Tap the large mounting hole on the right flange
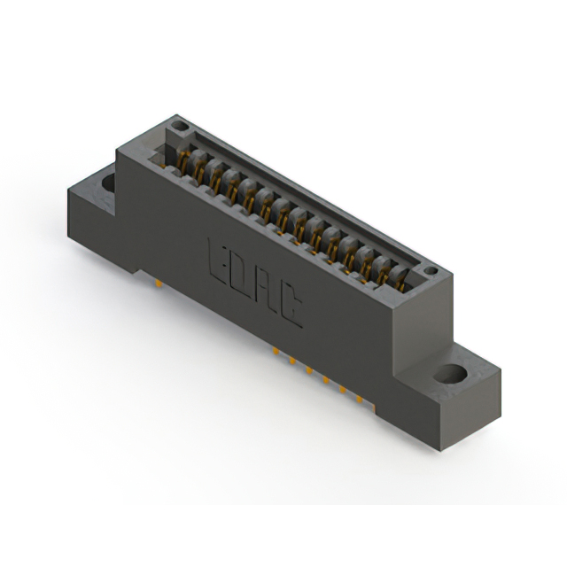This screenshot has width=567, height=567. coord(452,373)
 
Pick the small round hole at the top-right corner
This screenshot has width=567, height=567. coord(431,270)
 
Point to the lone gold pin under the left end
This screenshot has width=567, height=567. coord(158,283)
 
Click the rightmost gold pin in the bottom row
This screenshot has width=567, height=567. coord(360,399)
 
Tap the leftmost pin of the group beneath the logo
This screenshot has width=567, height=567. coord(276,352)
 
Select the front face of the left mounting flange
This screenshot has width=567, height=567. coord(93,226)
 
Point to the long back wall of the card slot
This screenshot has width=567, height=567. coord(301,195)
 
